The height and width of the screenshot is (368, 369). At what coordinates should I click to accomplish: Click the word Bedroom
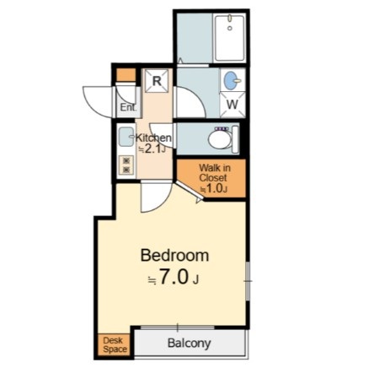174,256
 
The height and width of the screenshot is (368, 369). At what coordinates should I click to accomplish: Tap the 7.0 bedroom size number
173,277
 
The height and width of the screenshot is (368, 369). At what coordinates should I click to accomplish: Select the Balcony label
189,344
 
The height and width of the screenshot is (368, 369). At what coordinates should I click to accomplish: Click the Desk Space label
115,344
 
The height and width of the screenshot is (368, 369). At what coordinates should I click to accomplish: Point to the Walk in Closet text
215,173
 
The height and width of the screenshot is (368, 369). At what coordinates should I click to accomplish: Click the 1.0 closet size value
215,188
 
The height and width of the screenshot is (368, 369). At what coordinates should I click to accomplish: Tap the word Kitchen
153,138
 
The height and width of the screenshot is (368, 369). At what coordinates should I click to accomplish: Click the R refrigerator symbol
157,81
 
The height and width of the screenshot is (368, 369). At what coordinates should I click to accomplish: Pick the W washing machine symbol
233,105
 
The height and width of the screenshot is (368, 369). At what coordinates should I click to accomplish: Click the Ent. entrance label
128,107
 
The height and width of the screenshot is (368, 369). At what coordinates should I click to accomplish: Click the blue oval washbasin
231,80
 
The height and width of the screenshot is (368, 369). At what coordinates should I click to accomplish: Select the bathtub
230,38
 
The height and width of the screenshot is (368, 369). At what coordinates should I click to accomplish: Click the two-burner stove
126,165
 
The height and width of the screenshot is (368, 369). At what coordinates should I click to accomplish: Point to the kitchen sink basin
126,137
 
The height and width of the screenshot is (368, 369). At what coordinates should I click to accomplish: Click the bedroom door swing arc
163,203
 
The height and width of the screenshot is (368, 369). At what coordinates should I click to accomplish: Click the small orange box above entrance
126,75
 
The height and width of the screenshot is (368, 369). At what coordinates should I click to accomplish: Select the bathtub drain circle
230,28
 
